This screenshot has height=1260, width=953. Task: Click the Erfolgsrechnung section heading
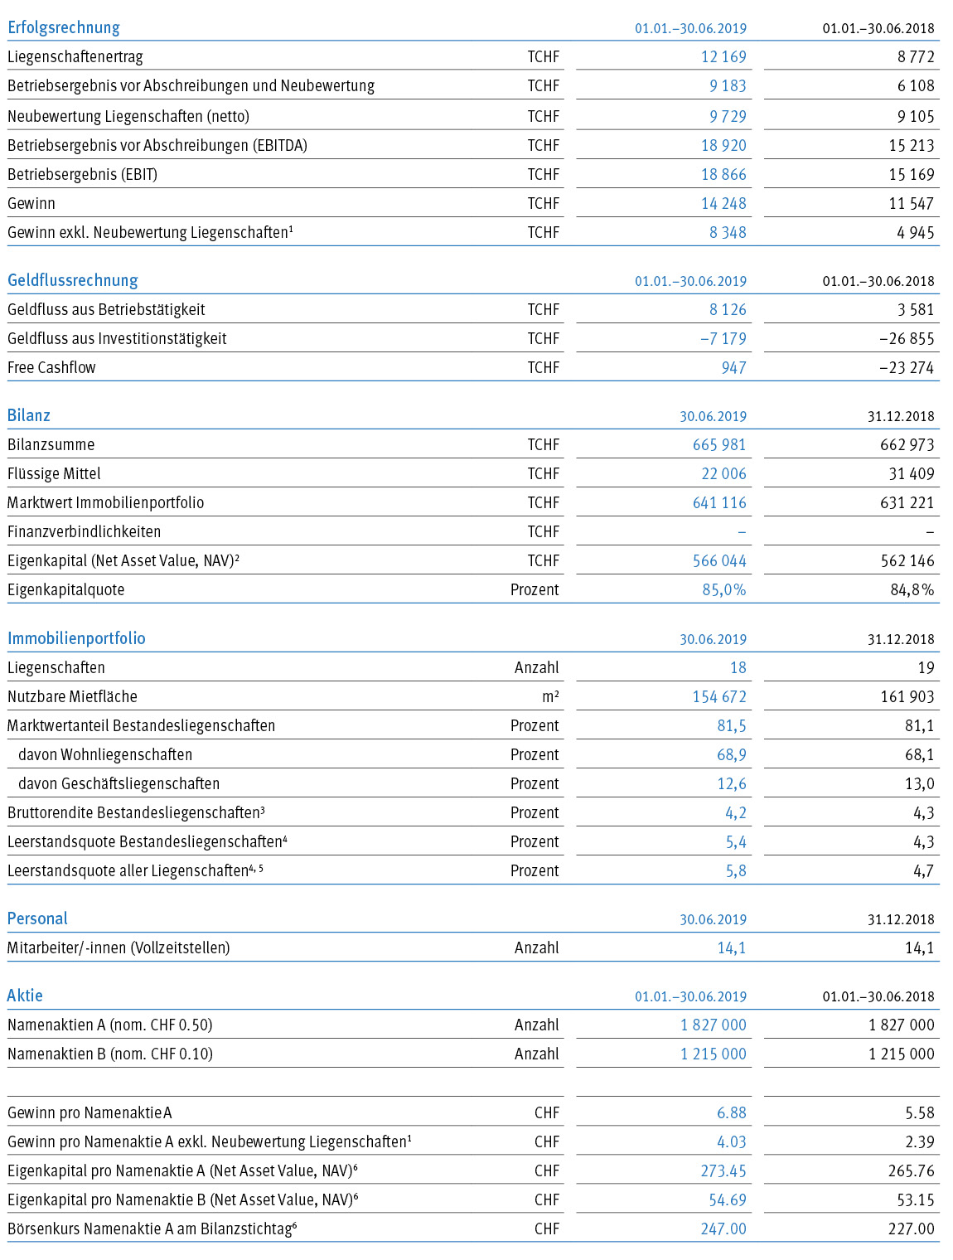(x=64, y=27)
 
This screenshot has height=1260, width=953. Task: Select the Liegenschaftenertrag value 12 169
(x=723, y=57)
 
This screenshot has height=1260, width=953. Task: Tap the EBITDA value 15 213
(x=911, y=145)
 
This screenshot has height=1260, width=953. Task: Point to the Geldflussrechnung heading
(x=73, y=280)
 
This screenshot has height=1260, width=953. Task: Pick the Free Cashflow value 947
(x=734, y=367)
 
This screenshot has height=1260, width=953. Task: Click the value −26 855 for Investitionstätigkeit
(x=907, y=339)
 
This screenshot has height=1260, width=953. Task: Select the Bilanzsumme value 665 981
(x=719, y=445)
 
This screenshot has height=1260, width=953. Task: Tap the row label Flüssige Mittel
(x=54, y=473)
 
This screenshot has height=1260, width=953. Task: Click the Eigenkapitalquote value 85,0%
(x=724, y=589)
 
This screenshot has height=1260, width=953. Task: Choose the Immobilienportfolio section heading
(x=76, y=638)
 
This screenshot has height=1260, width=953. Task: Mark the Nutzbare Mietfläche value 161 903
(x=907, y=697)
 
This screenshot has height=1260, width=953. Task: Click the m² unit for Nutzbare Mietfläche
(x=550, y=696)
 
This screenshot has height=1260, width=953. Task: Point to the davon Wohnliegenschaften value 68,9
(x=732, y=755)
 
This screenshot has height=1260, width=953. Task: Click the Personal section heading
(x=37, y=918)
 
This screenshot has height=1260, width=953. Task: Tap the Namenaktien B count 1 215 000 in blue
(x=714, y=1054)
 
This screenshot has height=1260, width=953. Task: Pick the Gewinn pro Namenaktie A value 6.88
(x=732, y=1113)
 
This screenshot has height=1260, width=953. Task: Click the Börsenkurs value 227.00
(x=911, y=1229)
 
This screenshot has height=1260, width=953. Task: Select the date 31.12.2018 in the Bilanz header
(x=901, y=416)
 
